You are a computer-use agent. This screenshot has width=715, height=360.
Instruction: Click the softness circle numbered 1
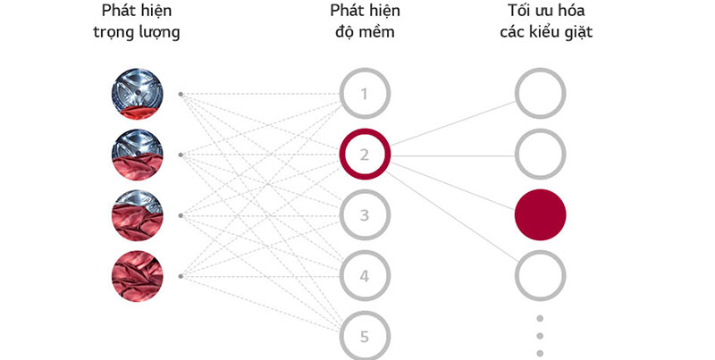364,94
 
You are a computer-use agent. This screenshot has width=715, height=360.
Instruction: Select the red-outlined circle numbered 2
364,155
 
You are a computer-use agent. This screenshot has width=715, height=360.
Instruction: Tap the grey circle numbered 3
364,215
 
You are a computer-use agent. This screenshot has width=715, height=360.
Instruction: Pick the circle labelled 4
364,276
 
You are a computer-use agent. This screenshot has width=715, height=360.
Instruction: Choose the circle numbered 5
364,337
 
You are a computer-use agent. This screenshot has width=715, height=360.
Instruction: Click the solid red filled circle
541,215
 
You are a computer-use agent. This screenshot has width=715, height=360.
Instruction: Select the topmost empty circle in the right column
541,94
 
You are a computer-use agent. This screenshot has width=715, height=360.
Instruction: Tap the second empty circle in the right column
541,155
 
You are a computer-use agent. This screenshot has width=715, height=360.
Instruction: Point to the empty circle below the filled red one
541,276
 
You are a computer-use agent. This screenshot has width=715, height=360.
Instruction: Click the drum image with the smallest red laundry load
137,94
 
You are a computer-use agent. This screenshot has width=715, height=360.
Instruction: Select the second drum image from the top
137,155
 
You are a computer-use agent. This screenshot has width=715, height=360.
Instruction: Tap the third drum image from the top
137,215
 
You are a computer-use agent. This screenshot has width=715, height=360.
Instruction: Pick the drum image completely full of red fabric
137,276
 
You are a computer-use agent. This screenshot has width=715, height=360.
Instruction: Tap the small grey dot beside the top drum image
181,94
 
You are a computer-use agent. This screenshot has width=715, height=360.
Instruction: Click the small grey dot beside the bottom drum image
181,276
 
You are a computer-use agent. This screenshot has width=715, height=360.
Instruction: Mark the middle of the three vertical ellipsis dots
541,337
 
